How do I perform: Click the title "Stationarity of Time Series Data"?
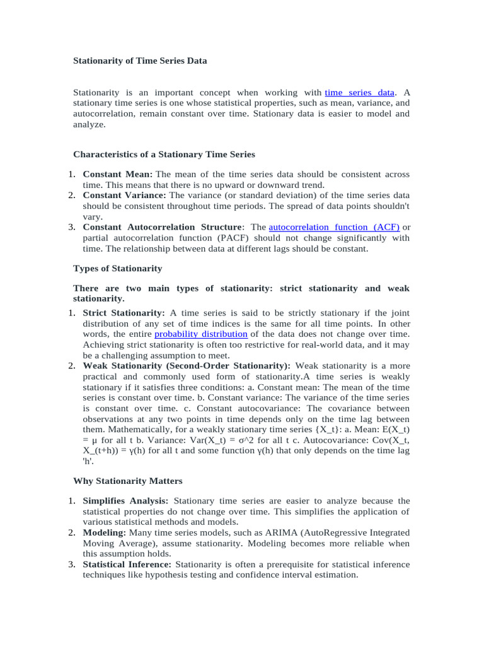[x=140, y=61]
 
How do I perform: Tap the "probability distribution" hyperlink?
[x=200, y=333]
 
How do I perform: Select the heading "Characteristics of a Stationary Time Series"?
[x=164, y=154]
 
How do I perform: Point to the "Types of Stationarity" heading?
[x=117, y=268]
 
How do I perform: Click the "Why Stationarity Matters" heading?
[x=128, y=481]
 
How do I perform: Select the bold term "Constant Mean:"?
[x=117, y=174]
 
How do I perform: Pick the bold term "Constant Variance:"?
[x=124, y=196]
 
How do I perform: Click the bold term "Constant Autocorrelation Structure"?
[x=162, y=227]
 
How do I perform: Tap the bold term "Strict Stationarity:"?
[x=124, y=312]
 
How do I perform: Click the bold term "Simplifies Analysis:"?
[x=125, y=501]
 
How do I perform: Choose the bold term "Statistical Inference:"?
[x=129, y=565]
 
